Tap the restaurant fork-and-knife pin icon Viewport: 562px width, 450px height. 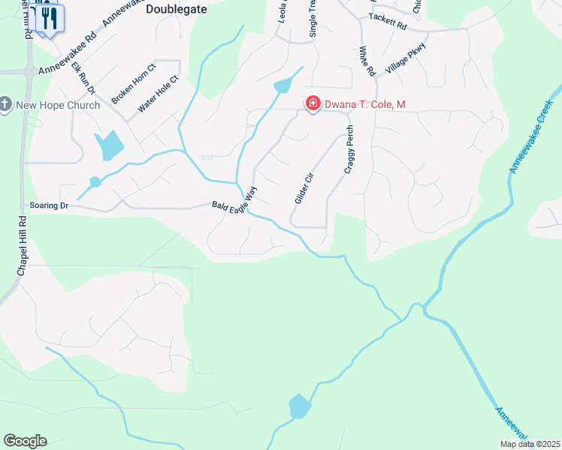(x=50, y=17)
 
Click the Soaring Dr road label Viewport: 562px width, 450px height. (x=49, y=205)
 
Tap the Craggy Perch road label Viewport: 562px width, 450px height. (x=349, y=150)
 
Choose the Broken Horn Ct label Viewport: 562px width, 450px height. (x=133, y=83)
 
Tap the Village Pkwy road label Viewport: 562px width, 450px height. (x=406, y=58)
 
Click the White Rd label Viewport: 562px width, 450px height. (x=367, y=61)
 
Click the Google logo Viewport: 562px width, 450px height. (x=25, y=441)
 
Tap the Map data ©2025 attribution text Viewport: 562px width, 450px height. (x=529, y=444)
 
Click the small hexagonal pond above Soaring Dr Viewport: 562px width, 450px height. (x=95, y=182)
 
